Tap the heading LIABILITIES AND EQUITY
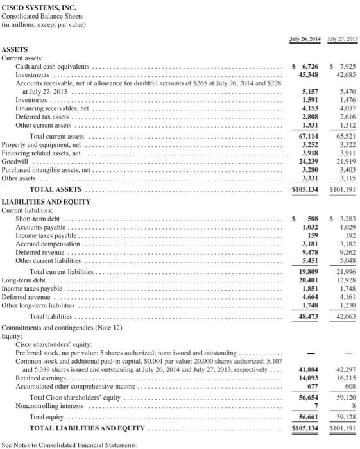pos(47,201)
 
